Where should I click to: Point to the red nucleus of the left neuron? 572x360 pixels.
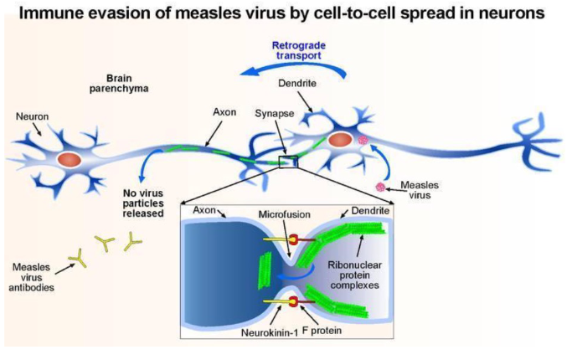click(70, 159)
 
